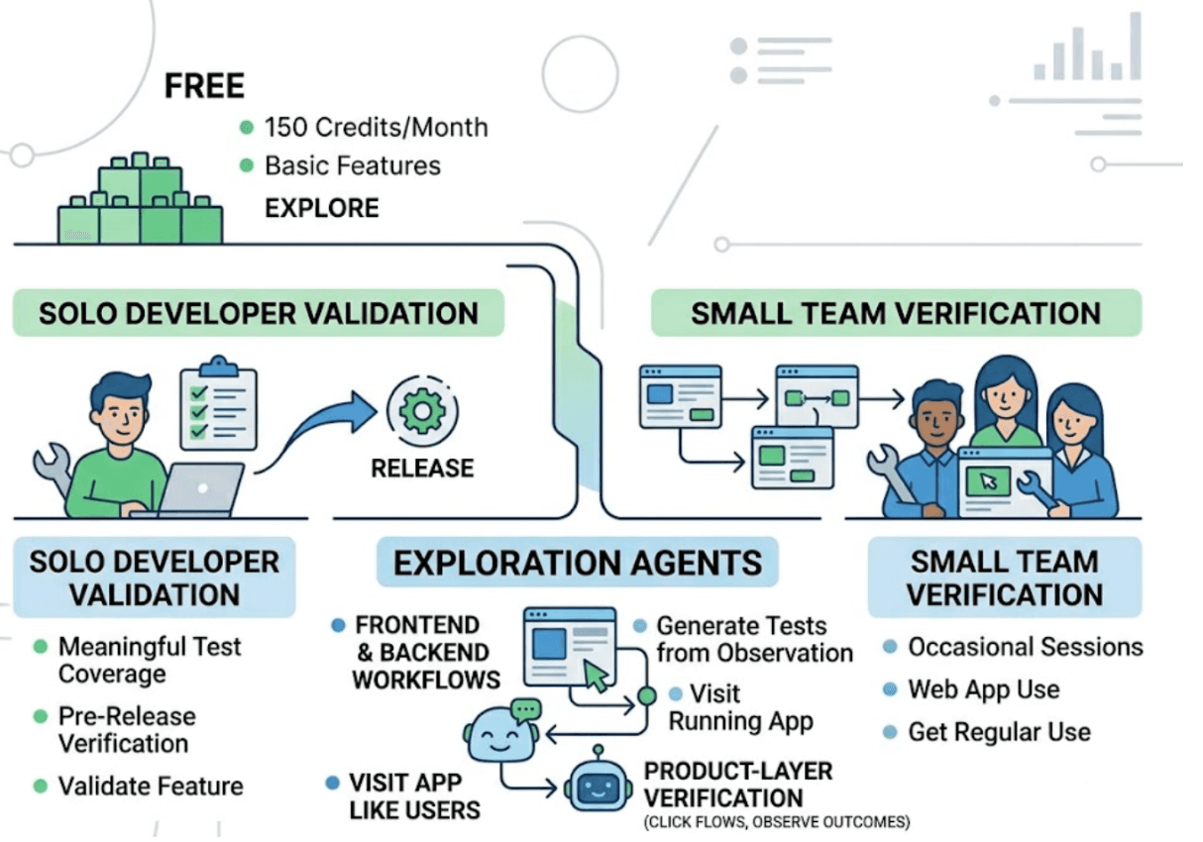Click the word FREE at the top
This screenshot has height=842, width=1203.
tap(204, 86)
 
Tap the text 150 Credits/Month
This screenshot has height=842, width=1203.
tap(376, 128)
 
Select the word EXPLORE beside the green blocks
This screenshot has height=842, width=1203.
tap(322, 208)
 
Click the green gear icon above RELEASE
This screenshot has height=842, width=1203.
tap(422, 411)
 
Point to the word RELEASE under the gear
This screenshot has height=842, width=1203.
tap(422, 469)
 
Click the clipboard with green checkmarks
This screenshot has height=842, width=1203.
tap(219, 403)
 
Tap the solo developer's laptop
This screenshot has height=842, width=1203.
tap(201, 488)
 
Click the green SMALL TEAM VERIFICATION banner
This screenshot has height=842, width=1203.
tap(897, 313)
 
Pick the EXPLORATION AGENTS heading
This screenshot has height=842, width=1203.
tap(578, 563)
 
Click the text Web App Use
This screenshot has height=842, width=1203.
tap(984, 690)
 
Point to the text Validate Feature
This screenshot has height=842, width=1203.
tap(151, 787)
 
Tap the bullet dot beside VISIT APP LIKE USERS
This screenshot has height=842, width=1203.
tap(332, 783)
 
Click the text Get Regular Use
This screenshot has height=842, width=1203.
tap(1000, 732)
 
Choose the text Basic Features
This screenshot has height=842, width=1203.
tap(353, 166)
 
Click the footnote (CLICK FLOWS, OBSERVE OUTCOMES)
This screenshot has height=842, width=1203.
tap(777, 822)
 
